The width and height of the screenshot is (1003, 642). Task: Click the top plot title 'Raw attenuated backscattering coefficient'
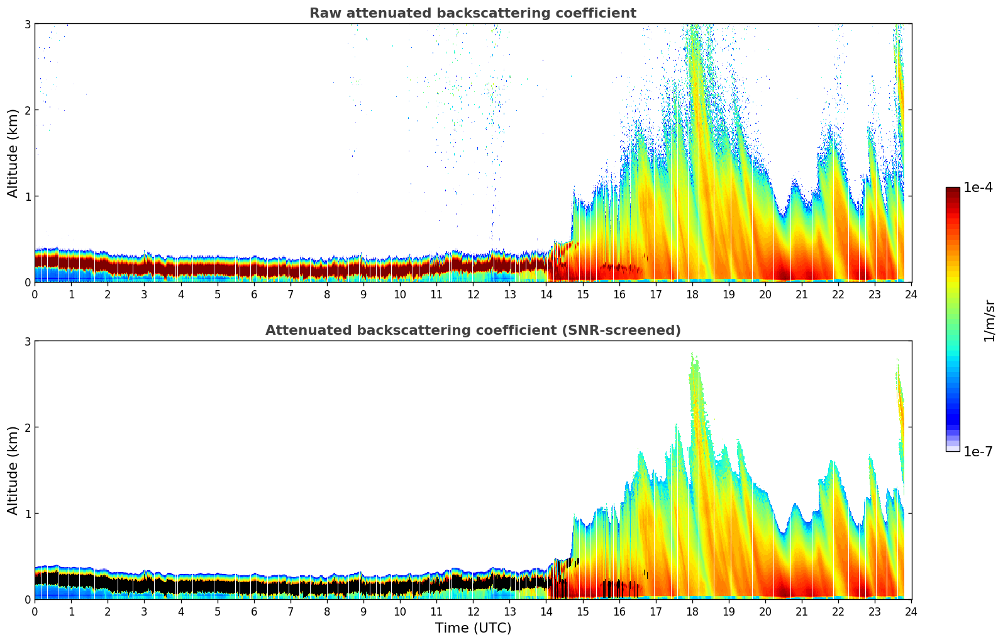point(472,13)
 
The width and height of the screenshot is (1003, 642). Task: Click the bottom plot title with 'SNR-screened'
point(472,330)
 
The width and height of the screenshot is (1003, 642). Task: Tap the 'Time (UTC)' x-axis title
point(473,628)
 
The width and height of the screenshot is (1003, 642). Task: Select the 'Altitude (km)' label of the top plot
point(13,153)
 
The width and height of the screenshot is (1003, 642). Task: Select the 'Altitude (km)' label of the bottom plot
point(13,470)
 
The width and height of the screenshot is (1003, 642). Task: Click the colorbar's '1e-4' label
point(978,188)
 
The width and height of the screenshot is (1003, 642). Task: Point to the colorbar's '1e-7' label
point(978,451)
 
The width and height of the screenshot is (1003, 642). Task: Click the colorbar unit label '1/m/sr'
point(989,320)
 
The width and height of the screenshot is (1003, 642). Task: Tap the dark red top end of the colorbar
point(952,191)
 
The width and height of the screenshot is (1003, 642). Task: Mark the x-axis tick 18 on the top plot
point(692,294)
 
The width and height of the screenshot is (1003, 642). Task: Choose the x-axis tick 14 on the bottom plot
point(546,611)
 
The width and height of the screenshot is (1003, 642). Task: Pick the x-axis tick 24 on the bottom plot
point(911,611)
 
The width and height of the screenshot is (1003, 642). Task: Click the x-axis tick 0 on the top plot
point(35,294)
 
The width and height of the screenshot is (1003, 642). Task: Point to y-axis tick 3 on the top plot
point(27,24)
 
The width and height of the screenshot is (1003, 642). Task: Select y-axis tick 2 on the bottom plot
point(27,427)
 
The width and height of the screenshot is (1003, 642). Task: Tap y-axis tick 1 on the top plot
point(27,196)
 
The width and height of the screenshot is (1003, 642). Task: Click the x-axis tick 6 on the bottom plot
point(254,611)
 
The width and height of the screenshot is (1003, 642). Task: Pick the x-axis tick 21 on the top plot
point(802,294)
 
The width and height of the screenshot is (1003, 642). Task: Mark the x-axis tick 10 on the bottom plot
point(400,611)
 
